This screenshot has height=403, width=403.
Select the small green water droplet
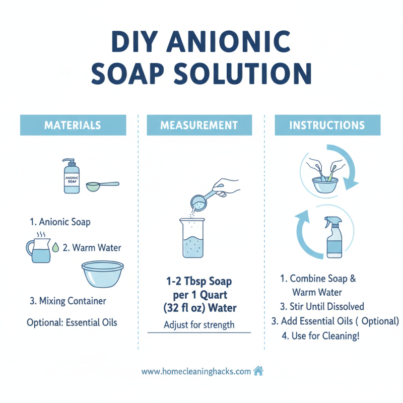[x=55, y=247]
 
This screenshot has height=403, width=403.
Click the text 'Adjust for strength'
[x=199, y=325]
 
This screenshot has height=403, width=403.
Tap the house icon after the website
[x=258, y=371]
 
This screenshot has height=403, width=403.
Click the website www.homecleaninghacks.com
[x=196, y=372]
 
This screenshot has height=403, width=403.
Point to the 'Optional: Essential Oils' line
[x=72, y=322]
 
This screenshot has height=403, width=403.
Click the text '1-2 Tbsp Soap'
[x=199, y=281]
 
